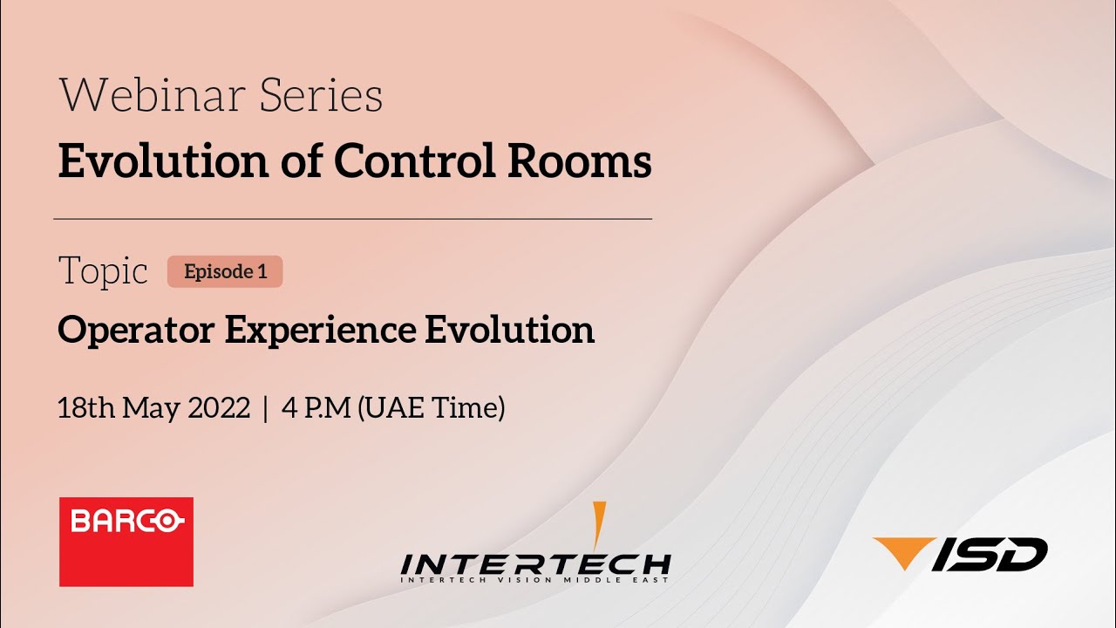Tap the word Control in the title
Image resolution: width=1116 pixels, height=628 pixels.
click(x=407, y=162)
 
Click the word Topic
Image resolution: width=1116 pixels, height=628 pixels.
click(x=103, y=272)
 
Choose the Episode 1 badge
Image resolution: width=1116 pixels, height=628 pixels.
click(x=225, y=271)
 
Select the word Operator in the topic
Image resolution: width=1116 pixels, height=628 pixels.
click(x=135, y=331)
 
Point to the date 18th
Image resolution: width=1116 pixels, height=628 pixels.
click(x=86, y=407)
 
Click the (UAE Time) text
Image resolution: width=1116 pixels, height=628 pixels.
click(x=432, y=407)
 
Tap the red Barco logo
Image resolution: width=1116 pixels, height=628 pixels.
click(x=126, y=542)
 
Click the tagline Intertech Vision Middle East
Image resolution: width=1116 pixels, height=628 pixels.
click(x=535, y=580)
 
